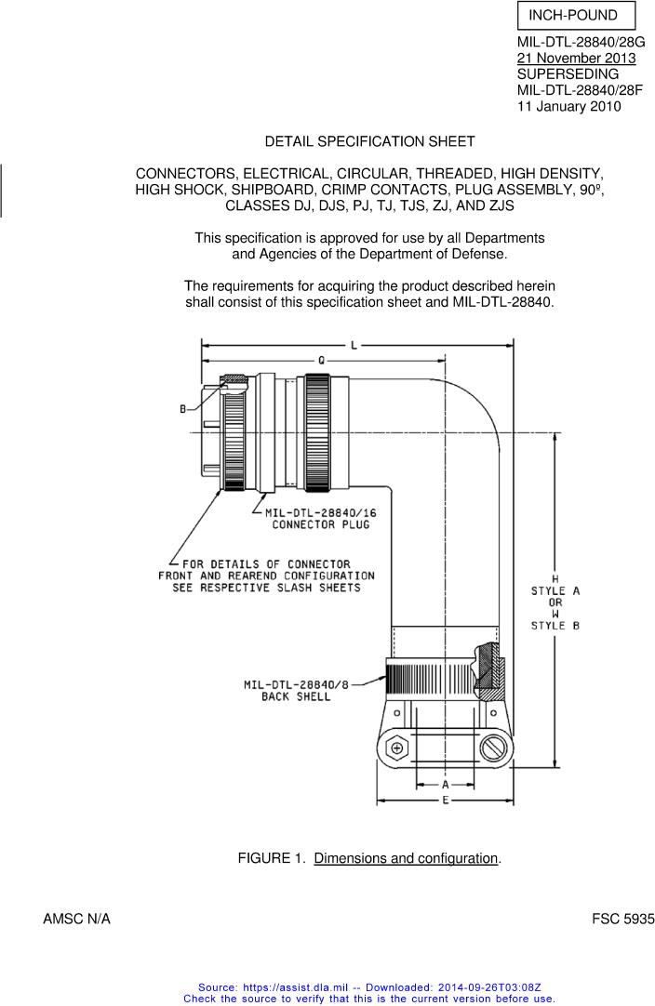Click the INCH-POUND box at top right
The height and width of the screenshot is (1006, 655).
coord(576,16)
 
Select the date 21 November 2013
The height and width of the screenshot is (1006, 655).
coord(577,59)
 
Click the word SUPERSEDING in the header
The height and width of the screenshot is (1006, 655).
coord(568,74)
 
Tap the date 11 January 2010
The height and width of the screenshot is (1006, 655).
coord(569,107)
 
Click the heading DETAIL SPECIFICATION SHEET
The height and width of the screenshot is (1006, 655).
coord(370,142)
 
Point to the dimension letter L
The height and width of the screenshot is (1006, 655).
coord(354,346)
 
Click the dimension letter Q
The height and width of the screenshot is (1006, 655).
coord(321,361)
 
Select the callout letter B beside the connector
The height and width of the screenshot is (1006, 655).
coord(183,409)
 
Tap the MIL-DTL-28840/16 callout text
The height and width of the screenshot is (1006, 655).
coord(320,513)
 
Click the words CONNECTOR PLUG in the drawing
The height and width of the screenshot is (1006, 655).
coord(320,524)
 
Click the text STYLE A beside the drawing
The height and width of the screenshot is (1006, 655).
coord(555,591)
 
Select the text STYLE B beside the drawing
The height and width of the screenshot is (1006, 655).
coord(555,626)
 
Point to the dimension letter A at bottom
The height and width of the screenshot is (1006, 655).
coord(446,785)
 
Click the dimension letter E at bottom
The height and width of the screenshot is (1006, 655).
coord(446,800)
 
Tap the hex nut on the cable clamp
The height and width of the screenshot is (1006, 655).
coord(397,748)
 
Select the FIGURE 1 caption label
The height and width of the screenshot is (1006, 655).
coord(272,858)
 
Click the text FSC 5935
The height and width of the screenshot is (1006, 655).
coord(622,920)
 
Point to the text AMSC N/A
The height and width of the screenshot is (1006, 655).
coord(76,920)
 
